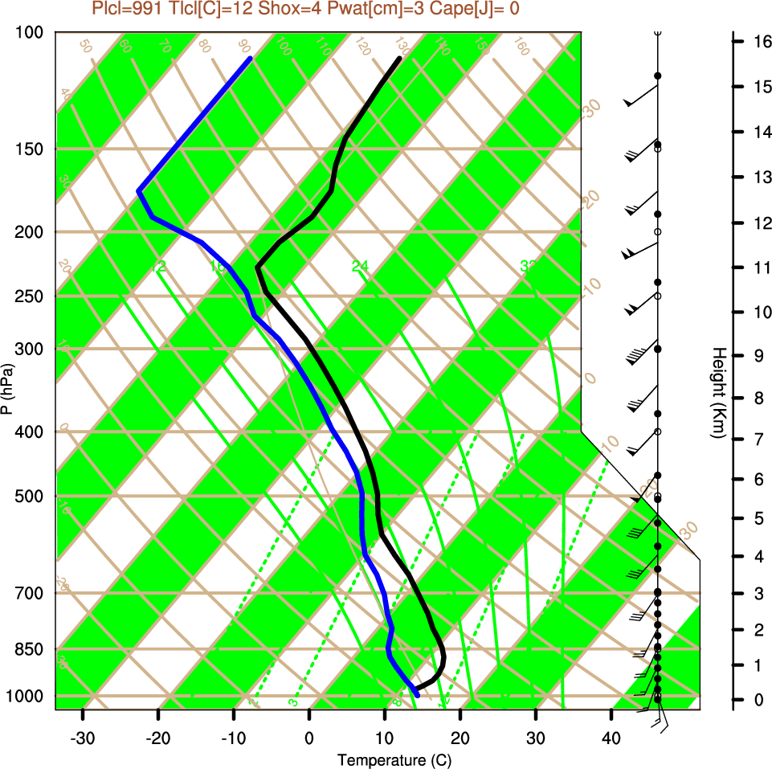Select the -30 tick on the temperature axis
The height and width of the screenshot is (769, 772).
83,738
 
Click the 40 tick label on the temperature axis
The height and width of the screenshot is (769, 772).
611,738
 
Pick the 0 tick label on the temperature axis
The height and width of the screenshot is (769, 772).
309,738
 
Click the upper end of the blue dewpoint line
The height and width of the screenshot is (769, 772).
251,59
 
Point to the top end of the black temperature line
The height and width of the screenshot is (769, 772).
399,59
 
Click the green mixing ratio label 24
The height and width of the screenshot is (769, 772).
360,266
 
